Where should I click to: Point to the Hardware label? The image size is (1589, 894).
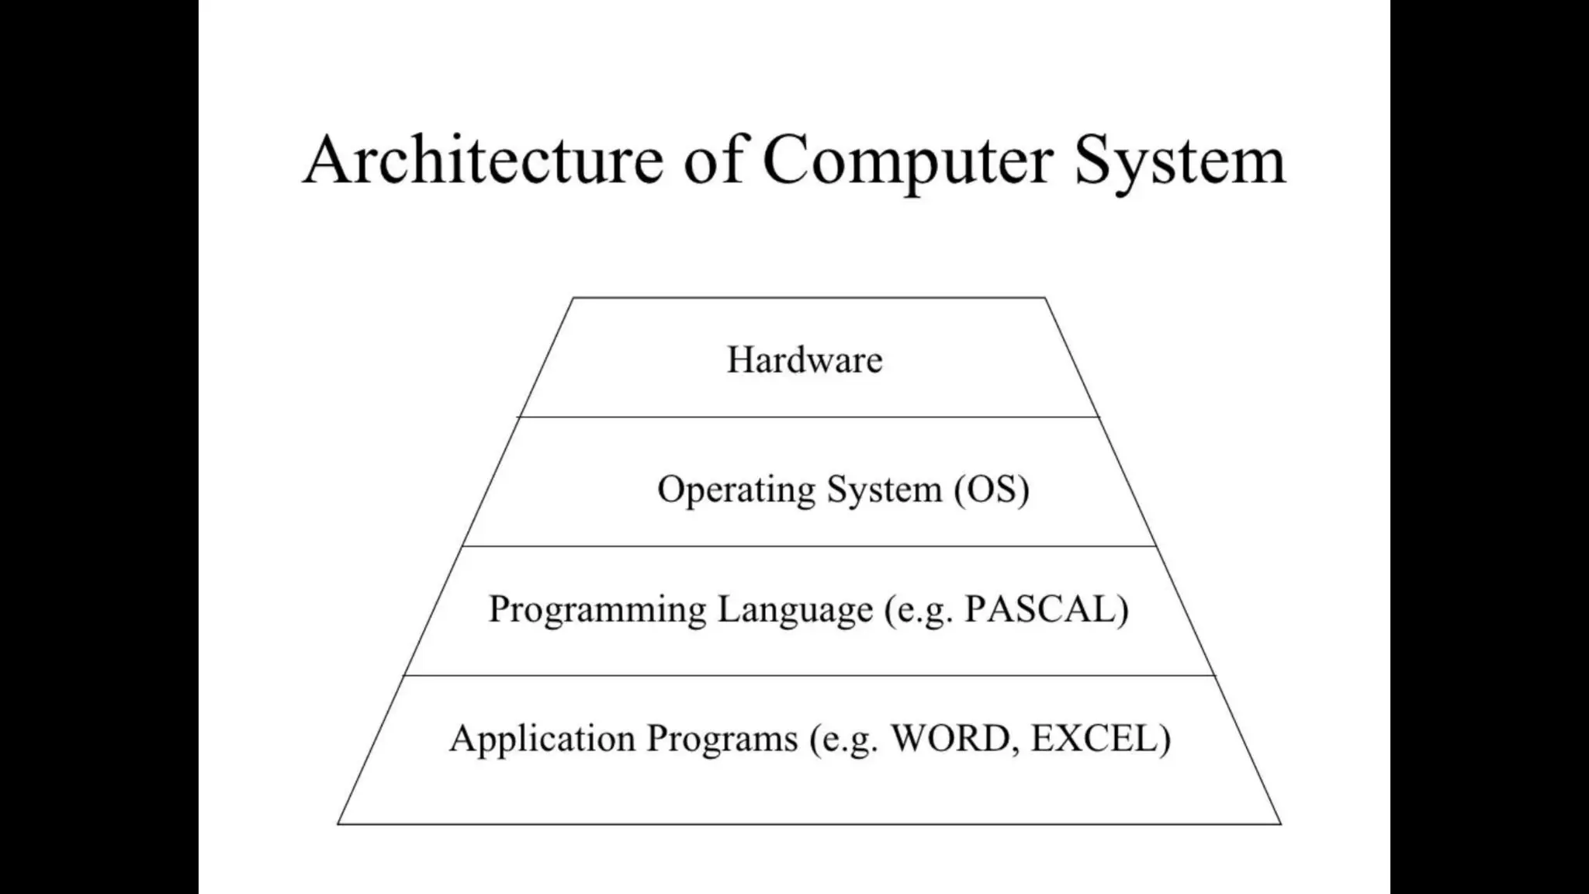click(805, 360)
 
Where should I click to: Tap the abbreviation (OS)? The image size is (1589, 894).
click(992, 490)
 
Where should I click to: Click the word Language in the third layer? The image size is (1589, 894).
click(794, 609)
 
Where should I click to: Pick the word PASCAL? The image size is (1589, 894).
click(1040, 609)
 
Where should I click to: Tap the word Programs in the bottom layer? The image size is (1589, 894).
click(722, 738)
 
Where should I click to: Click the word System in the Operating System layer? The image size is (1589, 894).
click(885, 490)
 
